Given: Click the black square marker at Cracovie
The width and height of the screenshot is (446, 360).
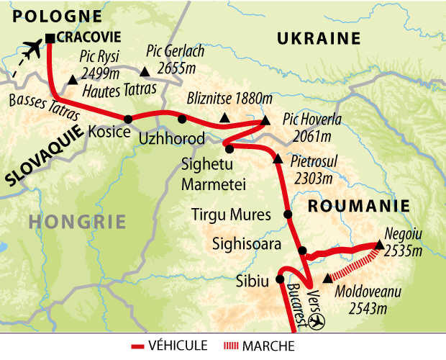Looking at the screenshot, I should pyautogui.click(x=50, y=39).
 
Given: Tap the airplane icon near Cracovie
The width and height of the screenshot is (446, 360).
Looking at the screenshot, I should pyautogui.click(x=31, y=50).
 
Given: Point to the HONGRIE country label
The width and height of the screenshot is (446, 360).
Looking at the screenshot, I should pyautogui.click(x=78, y=220).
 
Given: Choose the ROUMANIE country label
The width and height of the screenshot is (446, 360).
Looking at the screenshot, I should pyautogui.click(x=359, y=205).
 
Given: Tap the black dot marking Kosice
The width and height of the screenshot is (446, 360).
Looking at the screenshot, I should pyautogui.click(x=127, y=120).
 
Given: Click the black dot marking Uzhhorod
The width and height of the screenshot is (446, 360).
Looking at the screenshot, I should pyautogui.click(x=182, y=120).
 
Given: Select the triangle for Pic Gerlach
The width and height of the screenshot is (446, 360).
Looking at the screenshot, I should pyautogui.click(x=145, y=71).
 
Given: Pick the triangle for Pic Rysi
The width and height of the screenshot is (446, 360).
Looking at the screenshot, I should pyautogui.click(x=73, y=81).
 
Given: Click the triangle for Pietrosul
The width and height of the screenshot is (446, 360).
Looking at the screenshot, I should pyautogui.click(x=278, y=158).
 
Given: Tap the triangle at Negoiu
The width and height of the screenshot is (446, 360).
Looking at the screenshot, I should pyautogui.click(x=379, y=245).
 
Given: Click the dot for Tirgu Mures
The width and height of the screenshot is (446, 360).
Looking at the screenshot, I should pyautogui.click(x=288, y=214).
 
